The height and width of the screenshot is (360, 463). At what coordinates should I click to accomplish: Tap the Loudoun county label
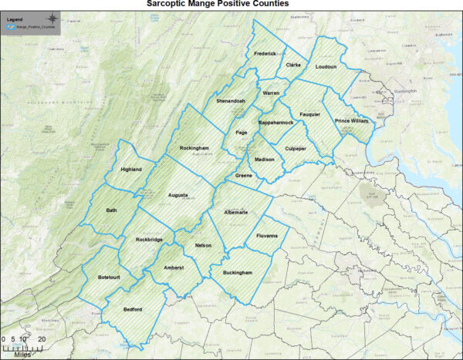326,67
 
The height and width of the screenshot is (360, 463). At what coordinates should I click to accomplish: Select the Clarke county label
293,66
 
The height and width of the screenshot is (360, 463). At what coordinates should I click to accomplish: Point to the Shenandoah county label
231,101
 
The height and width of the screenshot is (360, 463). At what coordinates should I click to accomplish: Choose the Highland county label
132,170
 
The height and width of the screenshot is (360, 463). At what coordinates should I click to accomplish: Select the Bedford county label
133,309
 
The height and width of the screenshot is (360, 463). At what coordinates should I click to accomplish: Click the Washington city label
404,92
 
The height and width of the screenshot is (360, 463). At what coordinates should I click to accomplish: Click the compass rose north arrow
52,17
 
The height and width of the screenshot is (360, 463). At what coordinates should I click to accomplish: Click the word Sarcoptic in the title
165,4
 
